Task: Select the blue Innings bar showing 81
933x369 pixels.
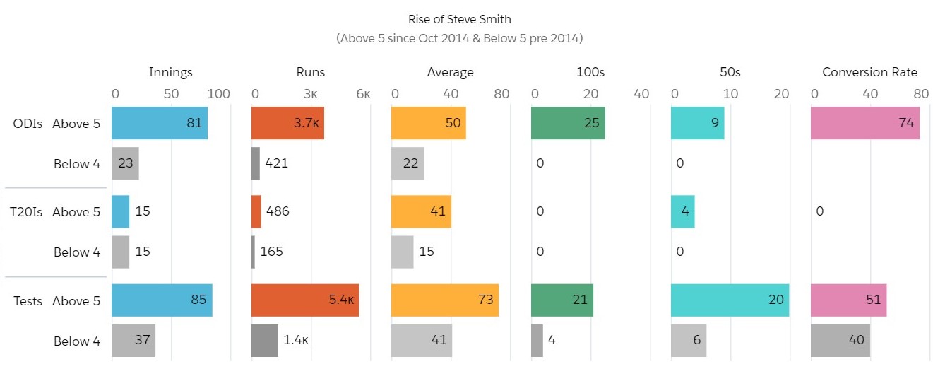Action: pos(160,123)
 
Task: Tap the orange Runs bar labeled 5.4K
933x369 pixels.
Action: pos(305,300)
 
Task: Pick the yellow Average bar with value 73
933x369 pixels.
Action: pos(445,300)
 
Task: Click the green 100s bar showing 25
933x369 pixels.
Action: pos(568,123)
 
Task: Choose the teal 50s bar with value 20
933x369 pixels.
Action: pos(730,300)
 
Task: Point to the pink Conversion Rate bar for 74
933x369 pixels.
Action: pos(865,123)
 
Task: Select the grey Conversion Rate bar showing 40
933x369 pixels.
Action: pos(840,341)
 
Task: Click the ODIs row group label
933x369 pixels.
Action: pos(27,123)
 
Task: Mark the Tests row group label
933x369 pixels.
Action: pos(28,301)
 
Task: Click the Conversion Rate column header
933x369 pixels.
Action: pos(869,72)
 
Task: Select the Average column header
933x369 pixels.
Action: pos(451,72)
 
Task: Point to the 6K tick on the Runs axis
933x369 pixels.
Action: pos(362,94)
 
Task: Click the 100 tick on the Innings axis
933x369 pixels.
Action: pos(219,94)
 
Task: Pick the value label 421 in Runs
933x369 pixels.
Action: pos(276,164)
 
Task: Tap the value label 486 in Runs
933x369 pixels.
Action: pos(278,211)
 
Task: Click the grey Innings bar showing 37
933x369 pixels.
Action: pos(133,341)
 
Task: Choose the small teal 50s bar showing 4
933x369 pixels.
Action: pos(682,212)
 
